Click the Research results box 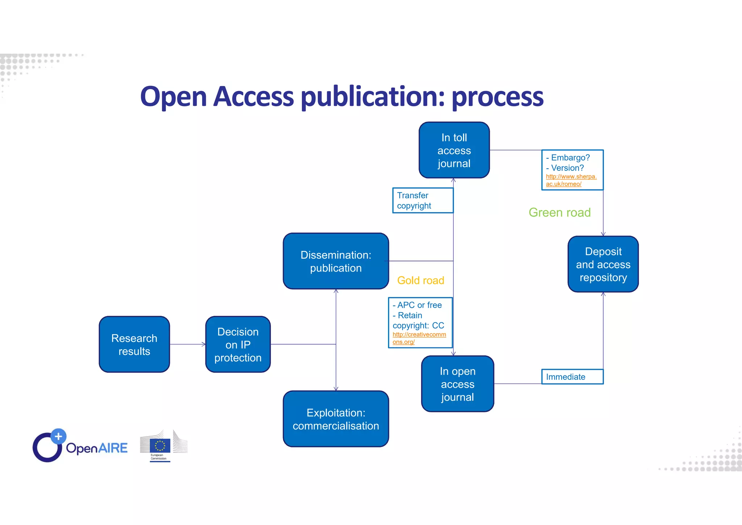(x=134, y=344)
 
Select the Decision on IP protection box (x=238, y=344)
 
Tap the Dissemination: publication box (x=335, y=261)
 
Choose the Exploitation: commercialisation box (x=335, y=419)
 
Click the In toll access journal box (x=454, y=150)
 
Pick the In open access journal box (x=457, y=384)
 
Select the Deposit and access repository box (x=603, y=264)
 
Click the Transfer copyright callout (x=422, y=200)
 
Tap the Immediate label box (x=572, y=377)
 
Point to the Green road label (x=559, y=212)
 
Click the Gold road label (x=420, y=280)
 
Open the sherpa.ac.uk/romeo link (x=571, y=180)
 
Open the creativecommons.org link (x=419, y=338)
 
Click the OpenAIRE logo (x=80, y=446)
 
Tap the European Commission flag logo (x=160, y=446)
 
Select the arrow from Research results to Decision (x=187, y=344)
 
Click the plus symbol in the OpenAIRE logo (x=58, y=436)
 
